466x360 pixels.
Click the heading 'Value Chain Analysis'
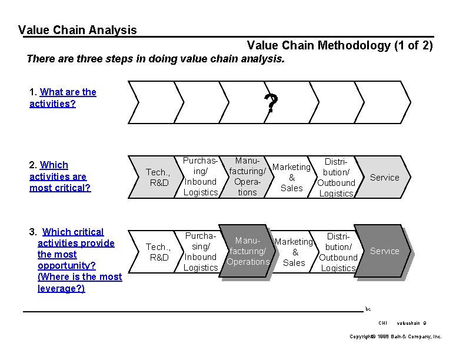click(78, 30)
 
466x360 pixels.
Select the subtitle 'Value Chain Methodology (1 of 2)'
click(340, 45)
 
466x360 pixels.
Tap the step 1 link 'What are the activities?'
click(62, 98)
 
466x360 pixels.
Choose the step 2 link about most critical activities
click(59, 176)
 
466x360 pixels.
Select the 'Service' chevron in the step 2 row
click(384, 177)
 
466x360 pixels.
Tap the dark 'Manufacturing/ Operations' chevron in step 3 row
click(248, 251)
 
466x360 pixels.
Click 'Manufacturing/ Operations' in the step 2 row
click(247, 176)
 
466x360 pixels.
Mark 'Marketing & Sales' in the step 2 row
click(292, 178)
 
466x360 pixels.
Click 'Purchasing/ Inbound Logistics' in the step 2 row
click(201, 176)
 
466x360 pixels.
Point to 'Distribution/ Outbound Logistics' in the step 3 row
click(338, 252)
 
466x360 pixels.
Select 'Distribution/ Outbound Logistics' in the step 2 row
click(336, 177)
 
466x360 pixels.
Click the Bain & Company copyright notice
click(395, 336)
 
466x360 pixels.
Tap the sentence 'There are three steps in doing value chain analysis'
click(156, 59)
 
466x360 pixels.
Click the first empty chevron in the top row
click(155, 102)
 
